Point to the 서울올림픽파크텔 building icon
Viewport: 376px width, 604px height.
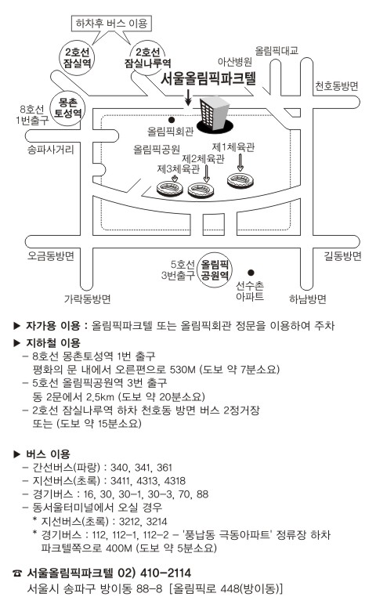point(214,115)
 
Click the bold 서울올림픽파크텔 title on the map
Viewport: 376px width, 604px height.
point(208,78)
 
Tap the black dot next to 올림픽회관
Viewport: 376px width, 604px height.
point(172,120)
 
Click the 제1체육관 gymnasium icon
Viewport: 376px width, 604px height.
point(240,181)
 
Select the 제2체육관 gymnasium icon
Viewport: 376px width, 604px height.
point(201,190)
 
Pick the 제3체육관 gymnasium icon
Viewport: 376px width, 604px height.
point(170,189)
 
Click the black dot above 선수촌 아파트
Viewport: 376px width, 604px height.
point(251,273)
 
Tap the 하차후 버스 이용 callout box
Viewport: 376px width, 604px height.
point(112,24)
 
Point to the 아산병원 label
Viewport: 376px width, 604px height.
point(235,61)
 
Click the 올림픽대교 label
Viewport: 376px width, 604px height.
point(277,50)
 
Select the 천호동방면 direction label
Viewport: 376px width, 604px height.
point(337,85)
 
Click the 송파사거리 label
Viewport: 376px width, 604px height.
point(50,149)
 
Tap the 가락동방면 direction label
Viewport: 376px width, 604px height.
point(87,298)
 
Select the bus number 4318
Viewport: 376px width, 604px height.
point(175,481)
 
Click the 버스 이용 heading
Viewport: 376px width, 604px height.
point(48,454)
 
